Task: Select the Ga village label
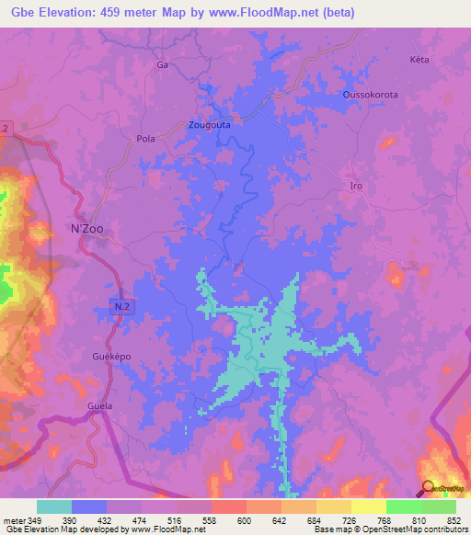click(164, 66)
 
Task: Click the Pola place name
click(145, 139)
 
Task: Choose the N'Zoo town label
click(88, 229)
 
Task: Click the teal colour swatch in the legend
click(54, 507)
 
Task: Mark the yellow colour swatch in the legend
click(368, 507)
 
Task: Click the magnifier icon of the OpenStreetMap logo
click(428, 487)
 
